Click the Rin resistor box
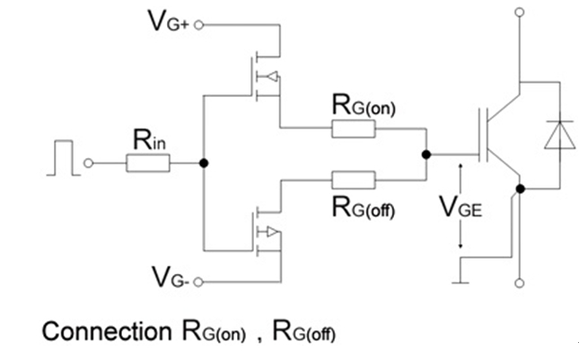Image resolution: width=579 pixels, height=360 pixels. coord(148,162)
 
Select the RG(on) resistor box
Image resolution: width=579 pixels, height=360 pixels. coord(353,128)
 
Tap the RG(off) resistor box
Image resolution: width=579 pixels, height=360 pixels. coord(353,179)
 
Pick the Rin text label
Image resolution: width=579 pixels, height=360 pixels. coord(149,140)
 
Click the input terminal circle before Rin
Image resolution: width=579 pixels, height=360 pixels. coord(89,162)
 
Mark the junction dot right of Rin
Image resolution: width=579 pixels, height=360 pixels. coord(205,162)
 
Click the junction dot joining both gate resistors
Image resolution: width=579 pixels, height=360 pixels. coord(425,154)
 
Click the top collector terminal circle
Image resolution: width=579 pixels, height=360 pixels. coord(518,13)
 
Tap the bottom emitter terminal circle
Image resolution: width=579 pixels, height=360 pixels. coord(518,283)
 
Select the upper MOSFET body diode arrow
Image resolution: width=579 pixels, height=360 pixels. coord(272,75)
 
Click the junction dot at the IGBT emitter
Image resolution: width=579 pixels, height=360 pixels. coord(518,189)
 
